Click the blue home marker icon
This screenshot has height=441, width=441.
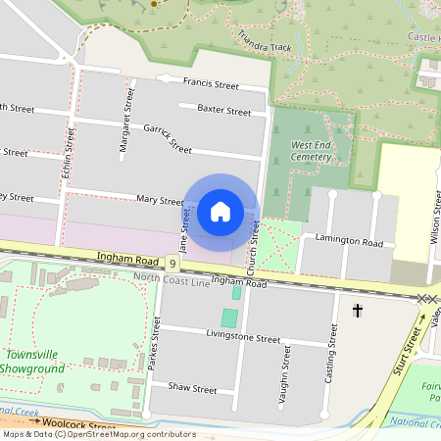tap(220, 212)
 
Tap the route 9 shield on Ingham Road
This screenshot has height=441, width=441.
tap(172, 264)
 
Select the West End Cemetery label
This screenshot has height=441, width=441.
tap(312, 150)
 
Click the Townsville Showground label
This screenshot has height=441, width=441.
tap(33, 362)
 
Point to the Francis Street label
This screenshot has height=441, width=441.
tap(211, 83)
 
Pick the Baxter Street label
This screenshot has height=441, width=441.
tap(223, 111)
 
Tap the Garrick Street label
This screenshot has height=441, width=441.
tap(168, 139)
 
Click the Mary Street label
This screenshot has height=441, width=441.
tap(161, 199)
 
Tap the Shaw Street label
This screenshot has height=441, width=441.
tap(191, 389)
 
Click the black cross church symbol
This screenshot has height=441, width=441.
tap(358, 311)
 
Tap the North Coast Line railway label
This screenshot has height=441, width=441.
tap(171, 279)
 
